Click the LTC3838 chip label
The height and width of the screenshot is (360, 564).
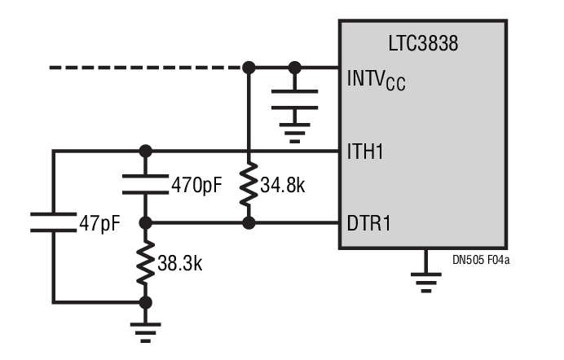[422, 44]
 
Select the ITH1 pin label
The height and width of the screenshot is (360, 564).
[368, 151]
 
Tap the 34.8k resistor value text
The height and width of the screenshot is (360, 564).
[283, 186]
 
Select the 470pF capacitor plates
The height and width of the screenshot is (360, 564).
[146, 184]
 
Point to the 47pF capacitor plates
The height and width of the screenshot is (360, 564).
[53, 222]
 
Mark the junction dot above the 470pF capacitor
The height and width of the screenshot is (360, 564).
[146, 151]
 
